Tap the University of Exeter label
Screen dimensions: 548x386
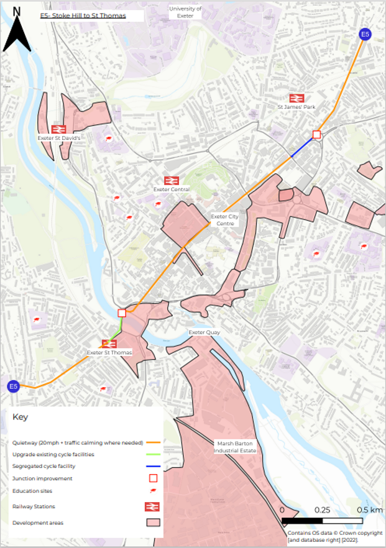point(185,12)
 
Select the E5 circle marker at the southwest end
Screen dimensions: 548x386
point(13,386)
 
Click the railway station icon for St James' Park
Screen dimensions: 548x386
point(296,98)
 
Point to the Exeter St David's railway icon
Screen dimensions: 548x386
point(59,129)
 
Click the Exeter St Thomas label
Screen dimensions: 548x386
point(109,353)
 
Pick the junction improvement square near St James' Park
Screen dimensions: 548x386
point(316,135)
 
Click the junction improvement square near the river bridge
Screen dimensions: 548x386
point(122,313)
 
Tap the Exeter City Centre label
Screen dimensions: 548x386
point(224,219)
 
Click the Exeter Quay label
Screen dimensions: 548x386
point(204,332)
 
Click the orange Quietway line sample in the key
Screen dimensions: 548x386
point(153,443)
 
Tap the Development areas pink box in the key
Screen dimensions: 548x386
point(153,523)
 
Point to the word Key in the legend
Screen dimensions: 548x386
point(20,417)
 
